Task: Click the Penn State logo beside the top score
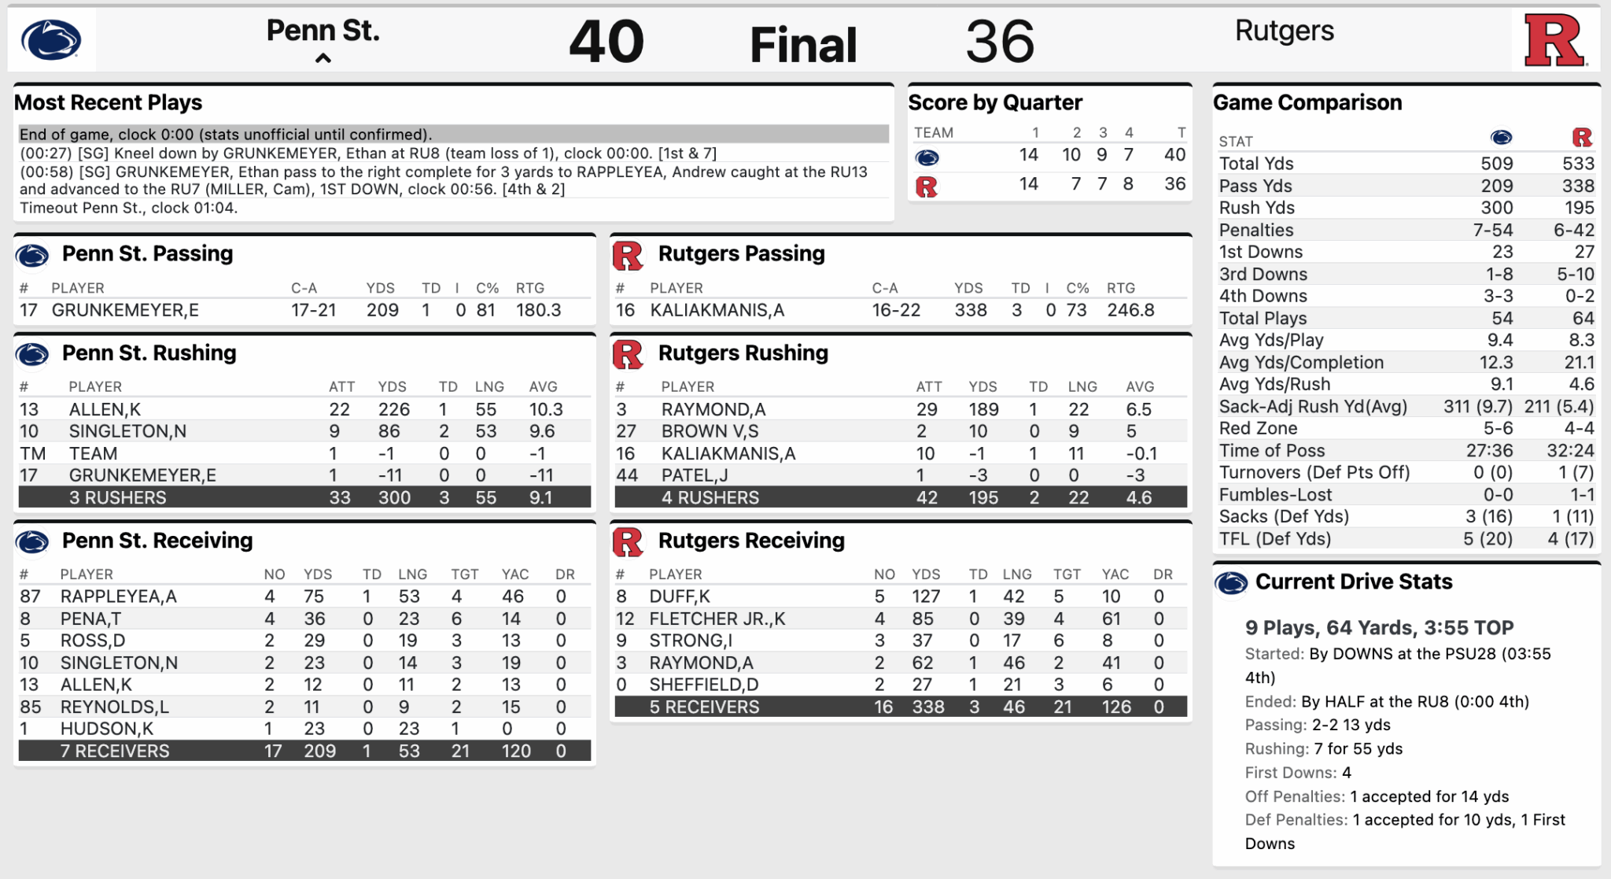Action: pos(51,40)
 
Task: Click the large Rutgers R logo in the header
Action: pos(1554,40)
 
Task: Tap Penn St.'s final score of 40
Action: pos(606,42)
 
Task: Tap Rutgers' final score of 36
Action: pos(1000,42)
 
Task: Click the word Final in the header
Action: pos(803,45)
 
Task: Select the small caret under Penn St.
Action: pos(323,58)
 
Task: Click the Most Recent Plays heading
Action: pos(108,102)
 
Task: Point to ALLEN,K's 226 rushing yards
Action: pos(393,409)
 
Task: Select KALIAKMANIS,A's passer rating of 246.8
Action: pos(1130,310)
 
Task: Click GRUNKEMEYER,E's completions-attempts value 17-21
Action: pos(313,310)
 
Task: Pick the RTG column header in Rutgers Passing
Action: pos(1121,288)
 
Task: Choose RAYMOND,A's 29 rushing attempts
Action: pos(927,409)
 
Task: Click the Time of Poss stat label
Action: pos(1271,451)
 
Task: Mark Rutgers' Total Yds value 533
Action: pos(1578,164)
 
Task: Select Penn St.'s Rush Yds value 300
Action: pos(1496,208)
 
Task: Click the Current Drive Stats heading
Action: pos(1353,582)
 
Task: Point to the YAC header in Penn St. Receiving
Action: pos(515,574)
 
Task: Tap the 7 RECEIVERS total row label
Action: pos(115,751)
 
